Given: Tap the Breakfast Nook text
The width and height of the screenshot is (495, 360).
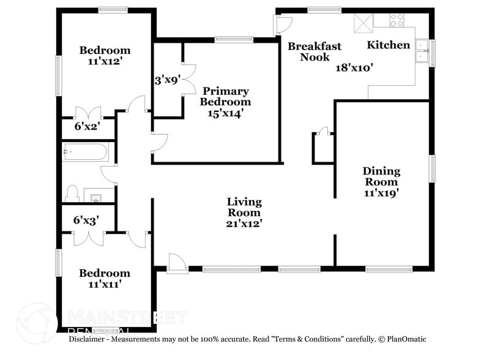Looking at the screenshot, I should pos(314,51).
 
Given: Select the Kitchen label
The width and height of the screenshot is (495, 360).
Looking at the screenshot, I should pos(388,45).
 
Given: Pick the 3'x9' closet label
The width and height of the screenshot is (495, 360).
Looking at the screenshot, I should pos(166,80).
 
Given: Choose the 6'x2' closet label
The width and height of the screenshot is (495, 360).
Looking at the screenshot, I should pos(86,126).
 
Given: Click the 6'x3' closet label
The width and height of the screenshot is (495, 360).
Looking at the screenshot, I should pos(86,219).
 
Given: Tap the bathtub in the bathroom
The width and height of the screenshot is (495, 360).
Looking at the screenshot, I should pos(86,152).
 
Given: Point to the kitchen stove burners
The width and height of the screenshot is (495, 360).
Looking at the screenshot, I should pos(396,20).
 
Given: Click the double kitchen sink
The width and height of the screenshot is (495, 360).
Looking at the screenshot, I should pos(422,51).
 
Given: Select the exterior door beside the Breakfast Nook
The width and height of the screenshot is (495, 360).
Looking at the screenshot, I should pos(283,24).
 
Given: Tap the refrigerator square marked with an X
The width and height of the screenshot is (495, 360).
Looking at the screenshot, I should pos(363,22).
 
